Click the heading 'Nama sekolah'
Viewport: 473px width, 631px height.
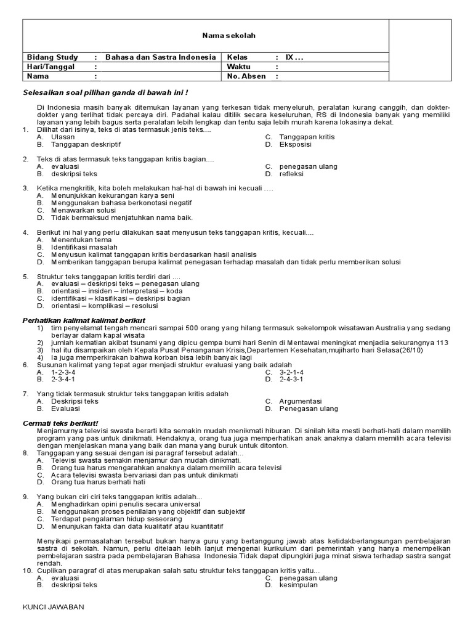[x=228, y=36]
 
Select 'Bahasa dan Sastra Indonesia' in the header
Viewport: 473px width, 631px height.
[x=161, y=57]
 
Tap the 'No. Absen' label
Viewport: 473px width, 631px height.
[x=246, y=77]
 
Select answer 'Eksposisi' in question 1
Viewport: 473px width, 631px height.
[x=295, y=144]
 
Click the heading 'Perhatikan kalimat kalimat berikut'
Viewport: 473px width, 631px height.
[x=84, y=320]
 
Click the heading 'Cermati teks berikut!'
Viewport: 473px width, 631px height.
[x=60, y=423]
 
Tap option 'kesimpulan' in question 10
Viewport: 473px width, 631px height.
[x=298, y=585]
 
